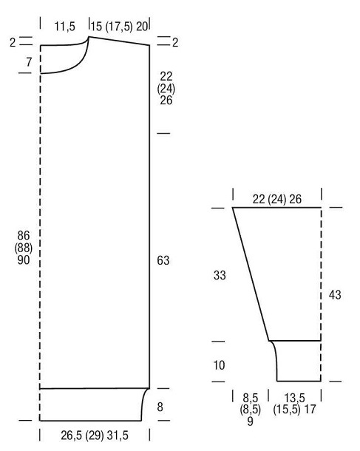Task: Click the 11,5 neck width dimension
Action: pos(65,27)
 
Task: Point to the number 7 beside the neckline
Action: pos(29,62)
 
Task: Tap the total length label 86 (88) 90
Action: pos(24,248)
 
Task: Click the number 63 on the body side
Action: pos(163,260)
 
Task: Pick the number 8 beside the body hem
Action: pos(160,407)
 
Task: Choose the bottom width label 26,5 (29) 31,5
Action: pos(95,435)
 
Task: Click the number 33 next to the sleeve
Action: pos(220,275)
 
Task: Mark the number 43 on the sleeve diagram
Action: pos(335,295)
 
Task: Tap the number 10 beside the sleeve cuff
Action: pos(219,365)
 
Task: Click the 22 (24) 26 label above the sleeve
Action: pos(277,199)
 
